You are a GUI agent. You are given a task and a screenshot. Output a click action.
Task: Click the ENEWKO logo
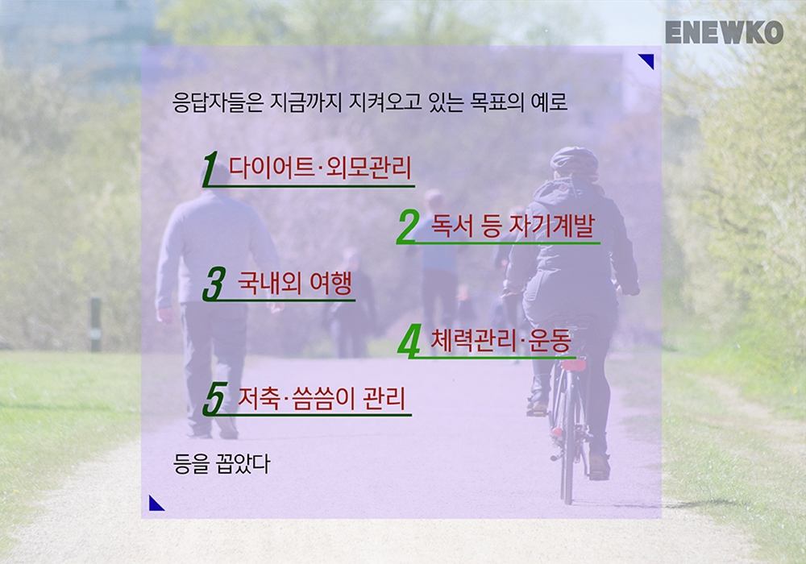click(724, 32)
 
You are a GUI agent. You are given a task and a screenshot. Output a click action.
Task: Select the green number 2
click(408, 226)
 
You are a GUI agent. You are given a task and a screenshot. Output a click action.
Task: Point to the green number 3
click(214, 284)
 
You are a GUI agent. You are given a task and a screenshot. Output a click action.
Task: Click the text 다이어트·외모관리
click(320, 168)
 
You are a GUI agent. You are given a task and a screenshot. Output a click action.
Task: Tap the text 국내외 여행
click(295, 282)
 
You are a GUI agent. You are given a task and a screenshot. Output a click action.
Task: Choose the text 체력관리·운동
click(501, 339)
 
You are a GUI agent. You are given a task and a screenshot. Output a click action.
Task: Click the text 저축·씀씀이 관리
click(322, 397)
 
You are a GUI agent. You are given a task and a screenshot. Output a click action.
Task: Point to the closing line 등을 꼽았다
click(222, 464)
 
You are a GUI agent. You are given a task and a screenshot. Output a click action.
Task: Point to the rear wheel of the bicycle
click(567, 437)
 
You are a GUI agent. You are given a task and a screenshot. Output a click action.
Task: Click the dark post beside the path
click(96, 324)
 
